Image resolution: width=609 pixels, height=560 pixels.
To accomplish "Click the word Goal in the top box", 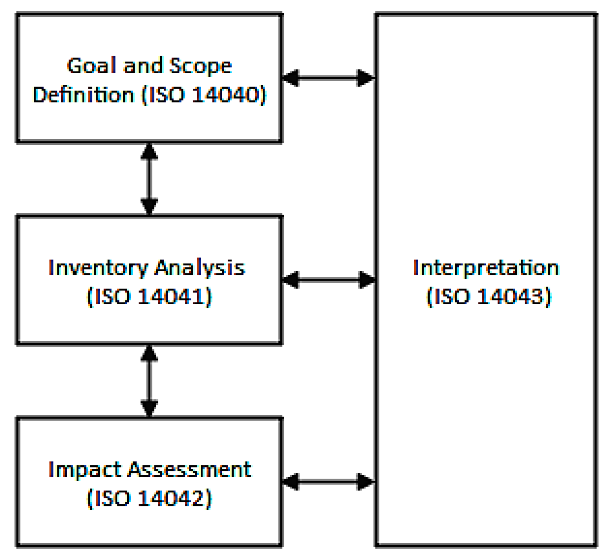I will pos(91,66).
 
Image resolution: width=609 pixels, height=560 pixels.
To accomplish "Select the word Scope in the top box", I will pos(200,66).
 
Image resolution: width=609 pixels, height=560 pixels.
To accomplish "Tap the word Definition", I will pos(83,95).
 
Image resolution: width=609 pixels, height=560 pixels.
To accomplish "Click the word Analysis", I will pos(199,268).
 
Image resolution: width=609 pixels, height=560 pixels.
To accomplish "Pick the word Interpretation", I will pos(486,268).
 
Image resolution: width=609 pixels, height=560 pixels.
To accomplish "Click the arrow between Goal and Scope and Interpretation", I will pos(329,78).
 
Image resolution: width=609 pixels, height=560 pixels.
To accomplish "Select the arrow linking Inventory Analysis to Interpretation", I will pos(329,280).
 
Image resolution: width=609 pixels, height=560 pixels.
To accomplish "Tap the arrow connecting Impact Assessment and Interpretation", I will pos(329,482).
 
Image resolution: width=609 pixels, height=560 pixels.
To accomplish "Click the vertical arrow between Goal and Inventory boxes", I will pos(149,179).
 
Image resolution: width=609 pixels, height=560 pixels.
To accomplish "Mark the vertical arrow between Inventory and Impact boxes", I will pos(149,381).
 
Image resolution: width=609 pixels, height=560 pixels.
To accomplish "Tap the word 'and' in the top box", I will pos(142,66).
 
